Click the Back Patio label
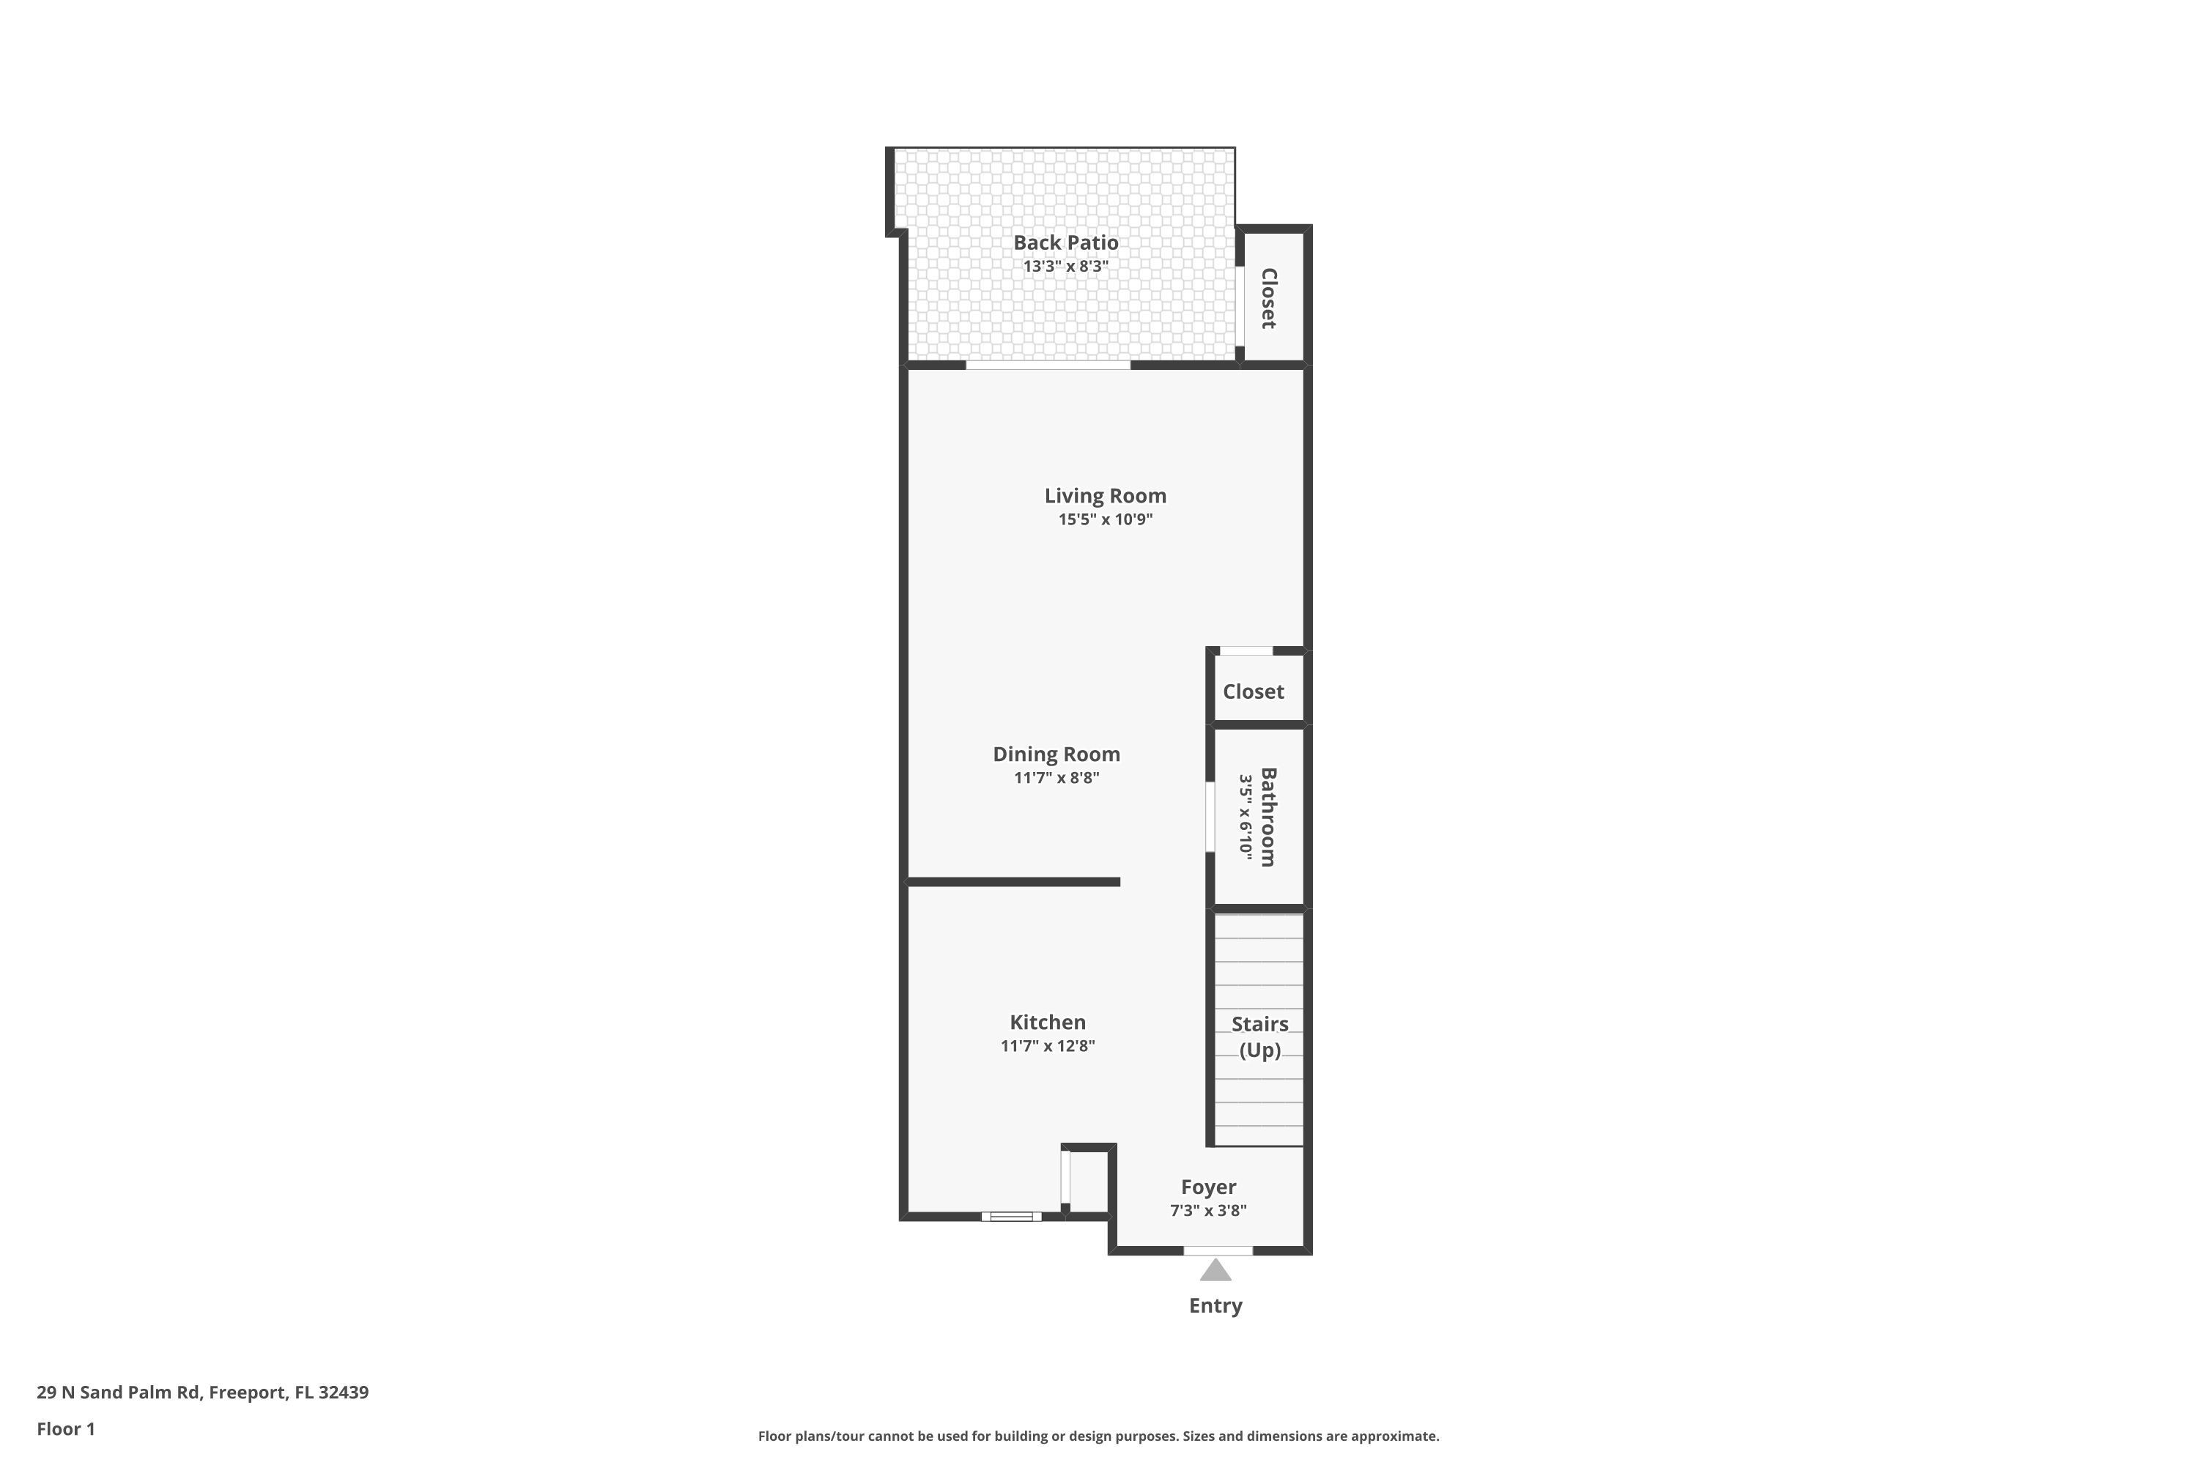(x=1065, y=243)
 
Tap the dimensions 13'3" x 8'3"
(x=1065, y=267)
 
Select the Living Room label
(x=1105, y=496)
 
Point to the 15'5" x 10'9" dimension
(x=1105, y=519)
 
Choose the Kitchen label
(x=1047, y=1022)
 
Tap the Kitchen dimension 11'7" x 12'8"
(x=1047, y=1045)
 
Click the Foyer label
(x=1207, y=1187)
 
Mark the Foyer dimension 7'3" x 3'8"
(x=1207, y=1211)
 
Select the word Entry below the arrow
(x=1215, y=1306)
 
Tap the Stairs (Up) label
(x=1259, y=1036)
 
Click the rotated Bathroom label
(x=1268, y=817)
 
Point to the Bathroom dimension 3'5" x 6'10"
(x=1245, y=817)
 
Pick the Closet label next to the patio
(x=1268, y=298)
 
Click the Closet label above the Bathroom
(x=1253, y=691)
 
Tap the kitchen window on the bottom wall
(x=1011, y=1217)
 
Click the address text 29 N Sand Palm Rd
(x=119, y=1392)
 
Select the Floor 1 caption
(x=65, y=1428)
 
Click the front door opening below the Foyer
(x=1218, y=1250)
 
